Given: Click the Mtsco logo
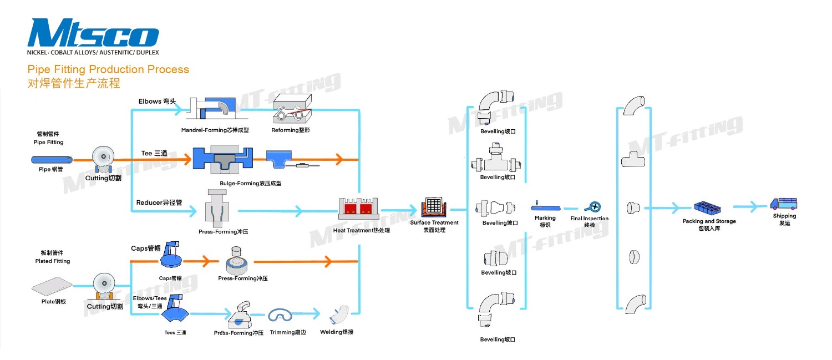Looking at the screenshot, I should pyautogui.click(x=93, y=34).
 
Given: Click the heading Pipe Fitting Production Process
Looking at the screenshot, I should pyautogui.click(x=108, y=69).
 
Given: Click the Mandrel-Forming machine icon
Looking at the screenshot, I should pyautogui.click(x=214, y=109).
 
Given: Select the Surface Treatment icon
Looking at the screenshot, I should pyautogui.click(x=434, y=207).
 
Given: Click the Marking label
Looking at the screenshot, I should pyautogui.click(x=545, y=218).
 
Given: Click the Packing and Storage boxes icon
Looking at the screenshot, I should pyautogui.click(x=709, y=207).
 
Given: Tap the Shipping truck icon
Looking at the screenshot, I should pyautogui.click(x=784, y=204).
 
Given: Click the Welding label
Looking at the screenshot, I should pyautogui.click(x=337, y=332).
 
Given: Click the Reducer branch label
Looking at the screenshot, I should pyautogui.click(x=159, y=203).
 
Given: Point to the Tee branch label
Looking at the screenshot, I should pyautogui.click(x=154, y=153).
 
